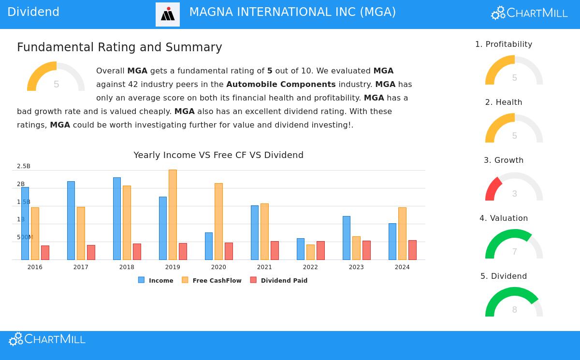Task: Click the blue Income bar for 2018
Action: point(117,218)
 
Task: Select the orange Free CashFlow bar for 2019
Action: point(173,215)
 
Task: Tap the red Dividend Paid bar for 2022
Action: point(320,250)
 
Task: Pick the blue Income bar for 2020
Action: point(209,246)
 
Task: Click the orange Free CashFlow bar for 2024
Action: point(402,233)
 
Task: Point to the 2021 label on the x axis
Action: point(264,267)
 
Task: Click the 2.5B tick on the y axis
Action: point(24,166)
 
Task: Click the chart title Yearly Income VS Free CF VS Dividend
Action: point(218,155)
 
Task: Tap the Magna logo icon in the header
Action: point(168,14)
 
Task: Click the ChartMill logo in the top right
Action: point(529,13)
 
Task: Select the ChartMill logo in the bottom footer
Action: point(47,339)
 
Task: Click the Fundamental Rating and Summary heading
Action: point(119,47)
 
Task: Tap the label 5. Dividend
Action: point(504,276)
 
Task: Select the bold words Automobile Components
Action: point(281,85)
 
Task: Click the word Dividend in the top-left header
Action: point(33,12)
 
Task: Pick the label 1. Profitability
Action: point(504,44)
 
